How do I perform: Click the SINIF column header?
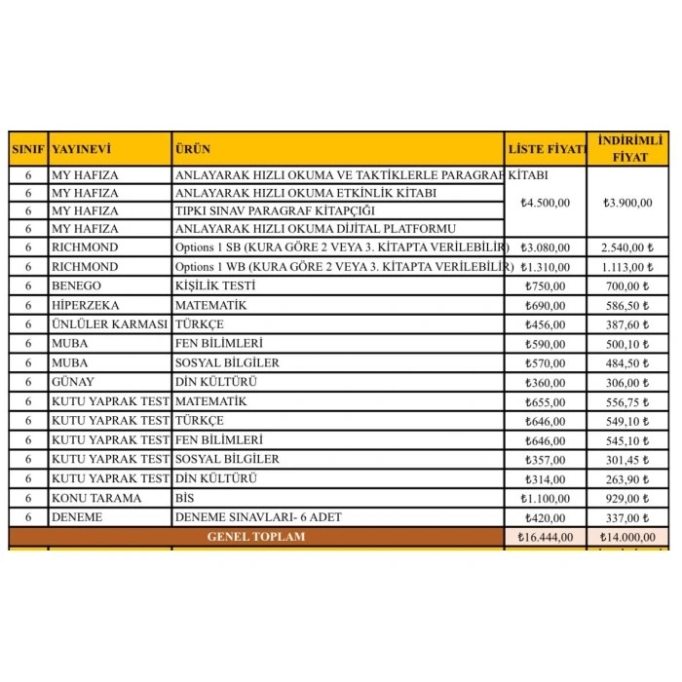click(x=28, y=150)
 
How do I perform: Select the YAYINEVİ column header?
click(x=81, y=150)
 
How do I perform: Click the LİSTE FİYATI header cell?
click(x=546, y=150)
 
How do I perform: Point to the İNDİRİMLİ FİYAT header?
click(x=628, y=149)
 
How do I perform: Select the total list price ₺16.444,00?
click(x=546, y=537)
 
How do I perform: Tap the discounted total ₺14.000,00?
click(x=627, y=537)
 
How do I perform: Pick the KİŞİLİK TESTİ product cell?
click(x=214, y=285)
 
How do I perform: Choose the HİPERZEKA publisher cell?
click(x=83, y=305)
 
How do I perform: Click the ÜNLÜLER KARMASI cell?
click(x=109, y=323)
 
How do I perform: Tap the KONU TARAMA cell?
click(x=95, y=498)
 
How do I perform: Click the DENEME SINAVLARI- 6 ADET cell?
click(x=258, y=517)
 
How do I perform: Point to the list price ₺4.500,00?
click(x=546, y=203)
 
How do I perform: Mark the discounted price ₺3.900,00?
click(x=627, y=203)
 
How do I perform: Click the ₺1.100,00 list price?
click(x=546, y=498)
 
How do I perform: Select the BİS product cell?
click(x=185, y=498)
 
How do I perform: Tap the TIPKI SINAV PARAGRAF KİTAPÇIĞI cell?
click(x=275, y=210)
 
